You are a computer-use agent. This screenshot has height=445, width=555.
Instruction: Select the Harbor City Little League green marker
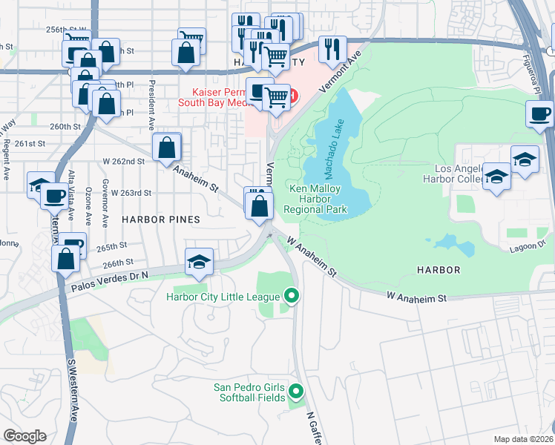[x=292, y=297]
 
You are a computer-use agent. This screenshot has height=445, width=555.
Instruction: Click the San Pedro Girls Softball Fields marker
[x=296, y=392]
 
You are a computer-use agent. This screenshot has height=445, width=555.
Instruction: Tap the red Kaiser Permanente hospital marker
[x=292, y=96]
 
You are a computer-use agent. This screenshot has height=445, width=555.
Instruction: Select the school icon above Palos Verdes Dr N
[x=199, y=261]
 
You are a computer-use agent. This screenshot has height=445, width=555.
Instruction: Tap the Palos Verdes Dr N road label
[x=110, y=279]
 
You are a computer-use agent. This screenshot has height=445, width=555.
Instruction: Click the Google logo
[x=24, y=436]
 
